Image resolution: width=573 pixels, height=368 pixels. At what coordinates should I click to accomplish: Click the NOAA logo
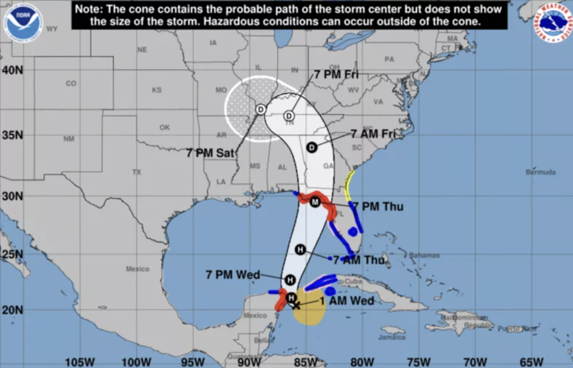tap(23, 22)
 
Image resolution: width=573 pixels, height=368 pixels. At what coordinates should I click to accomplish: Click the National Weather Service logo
tap(553, 22)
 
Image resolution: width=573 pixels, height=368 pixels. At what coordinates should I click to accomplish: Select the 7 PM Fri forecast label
tap(337, 74)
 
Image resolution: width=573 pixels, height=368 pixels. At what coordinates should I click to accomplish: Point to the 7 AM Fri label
tap(372, 134)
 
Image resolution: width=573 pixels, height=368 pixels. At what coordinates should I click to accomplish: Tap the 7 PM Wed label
tap(233, 275)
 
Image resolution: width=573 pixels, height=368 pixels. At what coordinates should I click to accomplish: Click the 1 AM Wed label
tap(347, 300)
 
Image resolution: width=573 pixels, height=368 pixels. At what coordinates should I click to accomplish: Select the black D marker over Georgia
tap(311, 147)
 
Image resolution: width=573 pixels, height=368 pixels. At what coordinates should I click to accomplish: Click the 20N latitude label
tap(11, 309)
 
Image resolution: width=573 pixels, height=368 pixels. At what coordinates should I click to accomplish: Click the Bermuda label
tap(541, 171)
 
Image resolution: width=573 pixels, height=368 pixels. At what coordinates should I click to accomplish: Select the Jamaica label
tap(393, 338)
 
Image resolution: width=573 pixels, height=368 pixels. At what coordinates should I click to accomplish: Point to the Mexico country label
tap(138, 269)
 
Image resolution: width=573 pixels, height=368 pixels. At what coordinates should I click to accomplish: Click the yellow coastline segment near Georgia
tap(349, 184)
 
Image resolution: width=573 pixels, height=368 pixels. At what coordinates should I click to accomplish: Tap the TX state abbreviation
tap(136, 172)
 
